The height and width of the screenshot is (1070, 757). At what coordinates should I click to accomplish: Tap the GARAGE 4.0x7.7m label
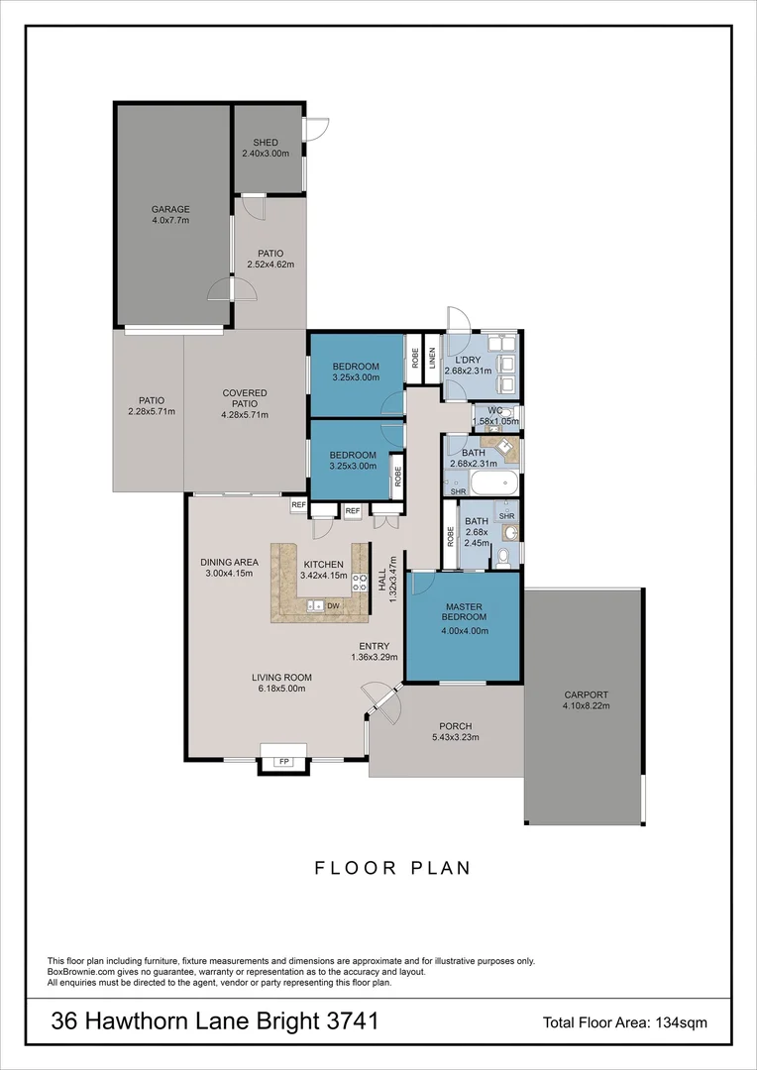170,214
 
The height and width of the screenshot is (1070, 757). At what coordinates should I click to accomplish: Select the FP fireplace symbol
284,762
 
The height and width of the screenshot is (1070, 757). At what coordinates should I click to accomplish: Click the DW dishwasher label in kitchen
334,605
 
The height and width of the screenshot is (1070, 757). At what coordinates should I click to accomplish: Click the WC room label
495,410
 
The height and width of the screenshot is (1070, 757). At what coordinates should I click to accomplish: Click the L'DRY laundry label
463,360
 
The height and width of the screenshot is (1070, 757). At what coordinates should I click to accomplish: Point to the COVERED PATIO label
245,398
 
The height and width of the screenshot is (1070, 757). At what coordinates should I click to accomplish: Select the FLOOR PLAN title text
392,868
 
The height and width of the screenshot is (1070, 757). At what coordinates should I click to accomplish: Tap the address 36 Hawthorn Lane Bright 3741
214,1021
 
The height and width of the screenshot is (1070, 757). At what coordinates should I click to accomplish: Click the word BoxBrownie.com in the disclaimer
83,972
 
